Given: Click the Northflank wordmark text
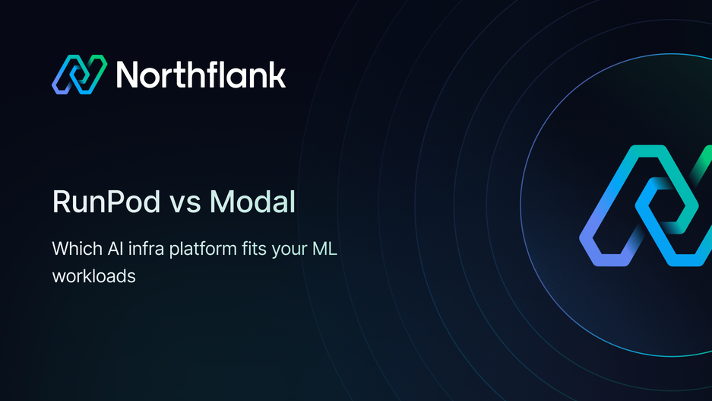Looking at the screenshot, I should tap(201, 75).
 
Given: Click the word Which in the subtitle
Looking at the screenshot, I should tap(74, 249).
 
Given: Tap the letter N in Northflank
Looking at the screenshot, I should tap(128, 75).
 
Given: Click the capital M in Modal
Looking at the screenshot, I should tap(223, 203).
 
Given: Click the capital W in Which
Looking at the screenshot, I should tap(60, 249).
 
